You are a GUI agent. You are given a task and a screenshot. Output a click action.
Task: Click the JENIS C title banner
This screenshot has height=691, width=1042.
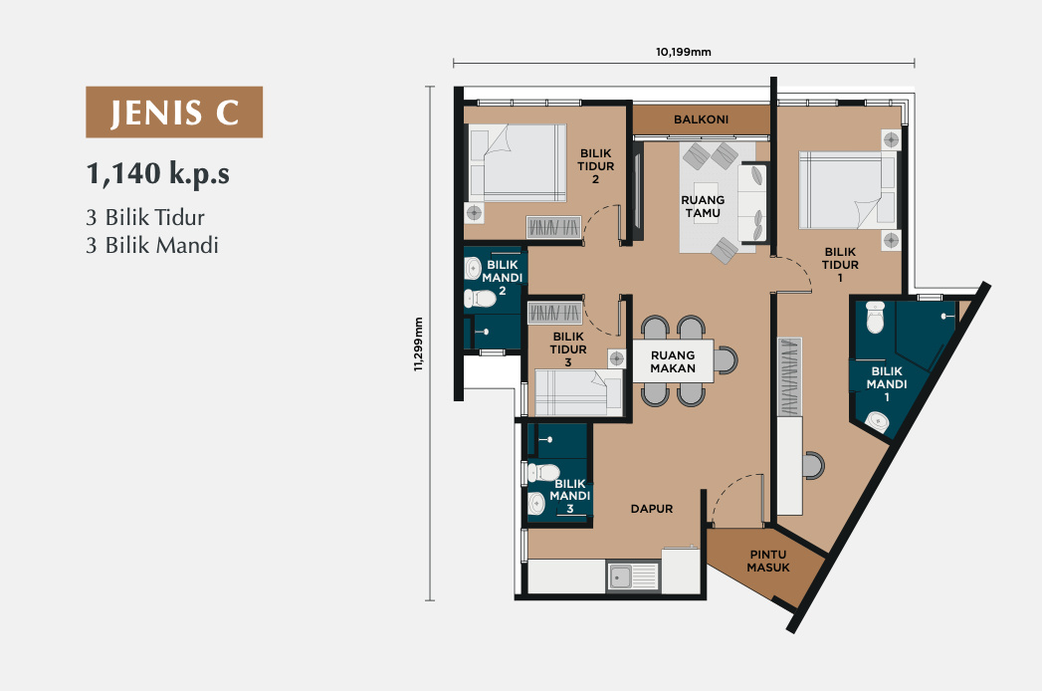point(174,112)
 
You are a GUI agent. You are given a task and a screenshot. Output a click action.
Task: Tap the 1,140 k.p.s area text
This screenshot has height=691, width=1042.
point(158,173)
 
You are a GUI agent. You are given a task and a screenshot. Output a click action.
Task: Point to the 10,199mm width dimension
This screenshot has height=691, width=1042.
point(683,52)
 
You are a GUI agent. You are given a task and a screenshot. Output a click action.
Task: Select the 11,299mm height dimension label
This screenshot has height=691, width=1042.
point(418,344)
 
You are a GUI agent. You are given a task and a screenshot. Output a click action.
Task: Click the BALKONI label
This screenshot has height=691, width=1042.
point(701,119)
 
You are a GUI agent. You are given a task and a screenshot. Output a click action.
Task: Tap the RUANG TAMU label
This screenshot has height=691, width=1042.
point(703,206)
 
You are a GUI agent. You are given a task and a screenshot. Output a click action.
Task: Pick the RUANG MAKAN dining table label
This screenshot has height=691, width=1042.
point(673,361)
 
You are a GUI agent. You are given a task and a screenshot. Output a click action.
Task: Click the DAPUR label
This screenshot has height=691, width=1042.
point(652,509)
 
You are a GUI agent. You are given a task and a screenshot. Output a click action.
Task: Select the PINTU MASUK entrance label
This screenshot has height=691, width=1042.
point(768,561)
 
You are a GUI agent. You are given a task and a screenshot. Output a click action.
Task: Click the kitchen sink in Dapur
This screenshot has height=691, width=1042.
point(633,576)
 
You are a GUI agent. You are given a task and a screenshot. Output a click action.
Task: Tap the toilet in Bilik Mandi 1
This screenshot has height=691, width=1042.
point(875,317)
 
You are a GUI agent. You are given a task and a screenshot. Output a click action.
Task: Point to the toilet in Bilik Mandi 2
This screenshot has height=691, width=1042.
point(480,299)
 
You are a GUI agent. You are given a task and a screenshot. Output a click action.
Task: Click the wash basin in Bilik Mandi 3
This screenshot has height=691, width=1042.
point(536,504)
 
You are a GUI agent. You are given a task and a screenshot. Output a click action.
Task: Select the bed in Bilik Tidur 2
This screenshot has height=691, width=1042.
point(518,163)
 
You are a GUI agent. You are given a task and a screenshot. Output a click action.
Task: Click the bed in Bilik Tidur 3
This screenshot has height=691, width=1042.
point(579,392)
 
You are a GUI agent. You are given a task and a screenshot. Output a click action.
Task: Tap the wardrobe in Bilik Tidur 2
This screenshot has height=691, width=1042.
point(554,227)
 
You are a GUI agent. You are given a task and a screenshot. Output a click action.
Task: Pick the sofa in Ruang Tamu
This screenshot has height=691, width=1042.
point(753,203)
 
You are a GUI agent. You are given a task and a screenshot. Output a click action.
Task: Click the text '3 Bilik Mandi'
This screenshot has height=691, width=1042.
point(152,245)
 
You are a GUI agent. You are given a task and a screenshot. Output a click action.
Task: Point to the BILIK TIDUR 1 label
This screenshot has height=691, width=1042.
point(840,264)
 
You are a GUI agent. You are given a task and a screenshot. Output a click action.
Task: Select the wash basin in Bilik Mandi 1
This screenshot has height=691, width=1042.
point(879,421)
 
